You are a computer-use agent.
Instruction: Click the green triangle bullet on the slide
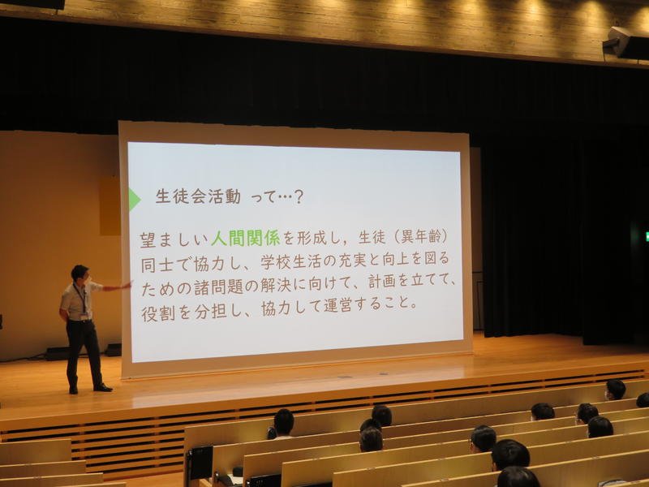(x=134, y=199)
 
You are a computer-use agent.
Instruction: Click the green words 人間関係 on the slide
(x=246, y=238)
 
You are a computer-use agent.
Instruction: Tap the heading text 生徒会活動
(x=198, y=196)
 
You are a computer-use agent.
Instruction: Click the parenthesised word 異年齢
(x=419, y=237)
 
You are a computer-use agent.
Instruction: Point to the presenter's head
(x=80, y=274)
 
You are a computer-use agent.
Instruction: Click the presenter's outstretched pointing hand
(x=127, y=286)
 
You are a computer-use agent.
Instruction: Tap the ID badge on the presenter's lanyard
(x=85, y=317)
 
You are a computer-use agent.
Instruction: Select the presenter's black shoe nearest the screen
(x=103, y=388)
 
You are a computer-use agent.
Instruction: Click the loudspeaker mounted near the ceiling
(x=625, y=44)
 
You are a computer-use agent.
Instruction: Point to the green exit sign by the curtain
(x=647, y=236)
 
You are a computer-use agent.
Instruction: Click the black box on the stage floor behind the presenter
(x=113, y=350)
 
